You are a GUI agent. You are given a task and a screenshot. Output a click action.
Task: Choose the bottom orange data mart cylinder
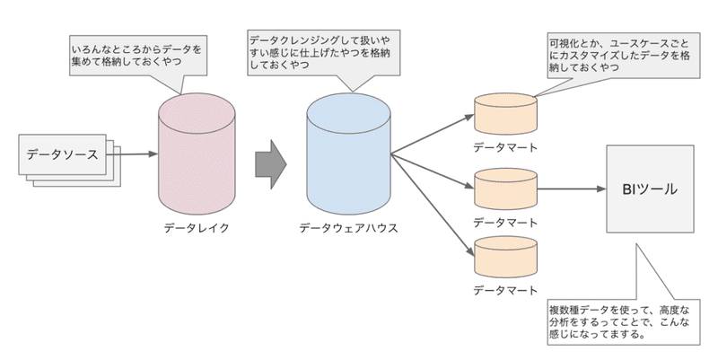coord(505,255)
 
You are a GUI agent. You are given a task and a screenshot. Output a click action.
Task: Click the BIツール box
coord(649,190)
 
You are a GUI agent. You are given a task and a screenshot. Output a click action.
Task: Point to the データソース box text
coord(62,155)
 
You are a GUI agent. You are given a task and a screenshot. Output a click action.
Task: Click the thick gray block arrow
coord(270,164)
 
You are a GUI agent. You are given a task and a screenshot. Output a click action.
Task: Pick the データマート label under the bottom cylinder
coord(505,289)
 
